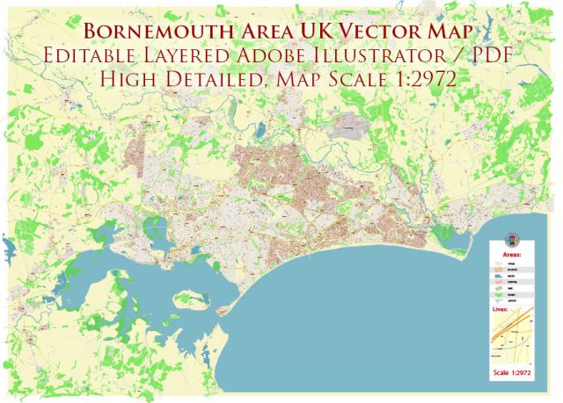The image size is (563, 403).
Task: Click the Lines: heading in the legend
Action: point(510,310)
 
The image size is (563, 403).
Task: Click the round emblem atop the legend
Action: point(512,240)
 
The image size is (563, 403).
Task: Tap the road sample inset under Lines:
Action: point(512,336)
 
